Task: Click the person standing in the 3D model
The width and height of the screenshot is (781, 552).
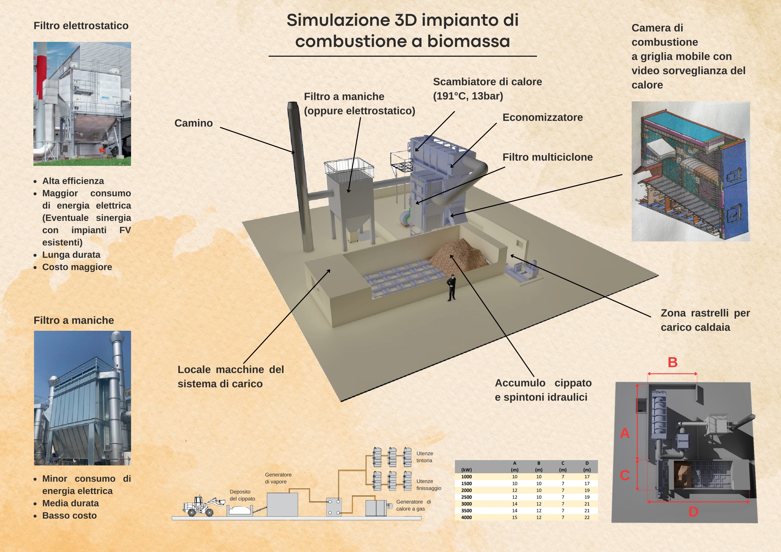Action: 451,288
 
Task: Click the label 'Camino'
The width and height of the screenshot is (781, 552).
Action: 193,123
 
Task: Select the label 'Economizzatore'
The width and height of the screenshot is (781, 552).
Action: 543,117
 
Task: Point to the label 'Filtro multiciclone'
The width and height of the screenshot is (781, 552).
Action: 547,157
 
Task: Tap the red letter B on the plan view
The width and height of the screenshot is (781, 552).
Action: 672,362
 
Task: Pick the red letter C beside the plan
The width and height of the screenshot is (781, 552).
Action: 624,475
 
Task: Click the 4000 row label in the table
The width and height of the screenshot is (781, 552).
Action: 466,517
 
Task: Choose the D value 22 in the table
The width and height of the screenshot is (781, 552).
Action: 587,517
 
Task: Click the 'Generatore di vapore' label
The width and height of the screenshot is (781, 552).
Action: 278,478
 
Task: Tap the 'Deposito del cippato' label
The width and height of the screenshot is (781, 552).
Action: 242,495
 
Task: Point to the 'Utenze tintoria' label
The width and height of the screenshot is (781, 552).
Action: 424,457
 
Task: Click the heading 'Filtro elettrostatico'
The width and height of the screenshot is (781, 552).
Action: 81,25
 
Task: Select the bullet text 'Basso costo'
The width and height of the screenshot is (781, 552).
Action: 69,515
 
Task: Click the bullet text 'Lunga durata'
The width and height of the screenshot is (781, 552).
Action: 71,255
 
